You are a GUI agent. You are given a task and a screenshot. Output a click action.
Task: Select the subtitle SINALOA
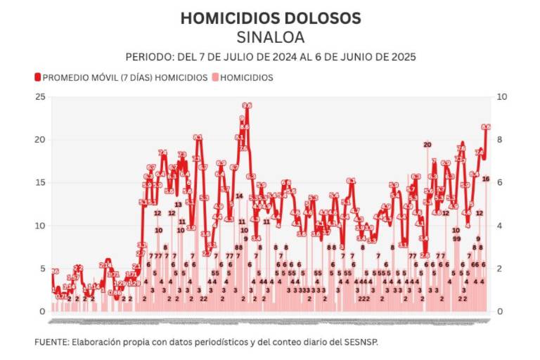coord(270,37)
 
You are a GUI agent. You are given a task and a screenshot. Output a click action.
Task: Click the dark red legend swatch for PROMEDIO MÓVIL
coord(37,77)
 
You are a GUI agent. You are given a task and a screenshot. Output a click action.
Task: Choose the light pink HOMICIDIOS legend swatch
coord(215,77)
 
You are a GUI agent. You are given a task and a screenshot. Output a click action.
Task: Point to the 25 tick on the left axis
coord(39,96)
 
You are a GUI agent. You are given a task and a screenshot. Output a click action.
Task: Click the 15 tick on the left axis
coord(39,182)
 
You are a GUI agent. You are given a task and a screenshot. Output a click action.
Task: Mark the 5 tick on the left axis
coord(41,268)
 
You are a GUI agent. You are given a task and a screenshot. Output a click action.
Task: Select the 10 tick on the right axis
coord(501,96)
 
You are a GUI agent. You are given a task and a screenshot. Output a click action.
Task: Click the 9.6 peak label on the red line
coord(247,105)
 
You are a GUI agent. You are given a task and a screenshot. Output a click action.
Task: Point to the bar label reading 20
coord(427,144)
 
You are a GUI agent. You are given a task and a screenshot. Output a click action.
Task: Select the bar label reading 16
coord(486,179)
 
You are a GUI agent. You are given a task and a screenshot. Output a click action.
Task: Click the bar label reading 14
coord(239,195)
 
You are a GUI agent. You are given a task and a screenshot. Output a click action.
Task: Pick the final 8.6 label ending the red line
coord(486,127)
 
